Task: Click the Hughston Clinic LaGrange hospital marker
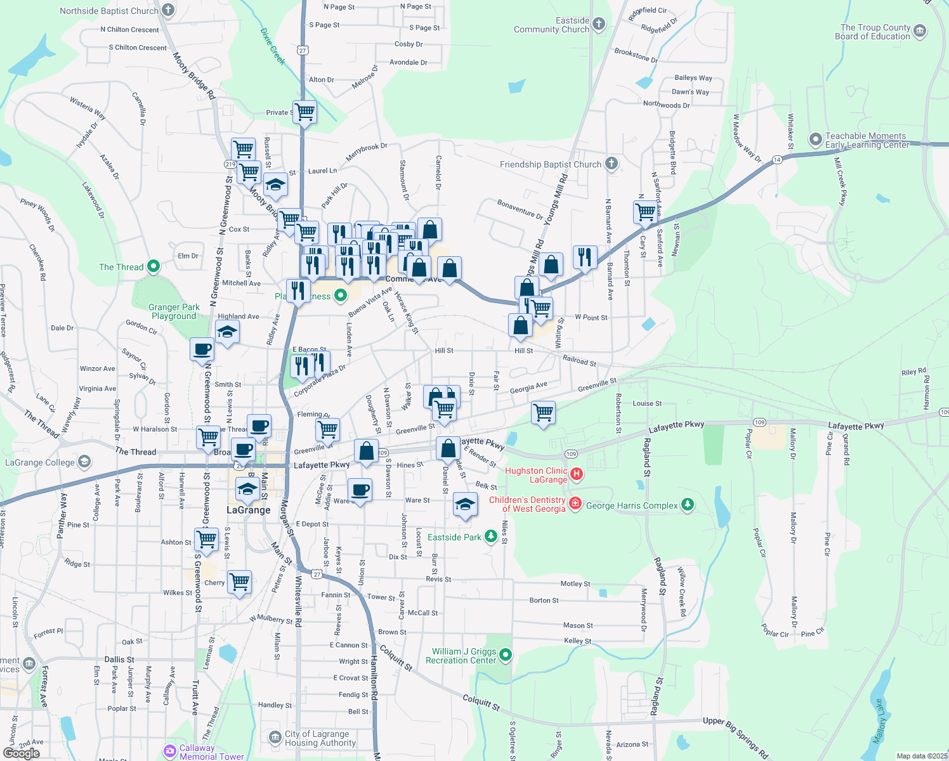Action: click(577, 474)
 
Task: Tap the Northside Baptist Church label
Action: click(109, 11)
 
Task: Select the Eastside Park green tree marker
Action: click(490, 537)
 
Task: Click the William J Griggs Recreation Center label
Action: click(464, 656)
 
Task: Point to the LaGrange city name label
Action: click(249, 510)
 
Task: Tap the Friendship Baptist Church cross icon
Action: click(611, 164)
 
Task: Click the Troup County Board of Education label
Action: click(875, 32)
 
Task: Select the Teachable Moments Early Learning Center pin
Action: click(816, 139)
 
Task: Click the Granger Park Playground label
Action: click(174, 311)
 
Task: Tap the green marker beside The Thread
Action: click(153, 266)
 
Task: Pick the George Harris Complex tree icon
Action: click(688, 505)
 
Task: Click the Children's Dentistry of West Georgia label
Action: click(527, 504)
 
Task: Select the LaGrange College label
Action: click(40, 462)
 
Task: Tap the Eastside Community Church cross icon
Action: click(598, 24)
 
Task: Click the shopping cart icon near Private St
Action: click(305, 112)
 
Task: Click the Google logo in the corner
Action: click(21, 753)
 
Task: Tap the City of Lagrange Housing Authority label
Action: click(320, 738)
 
